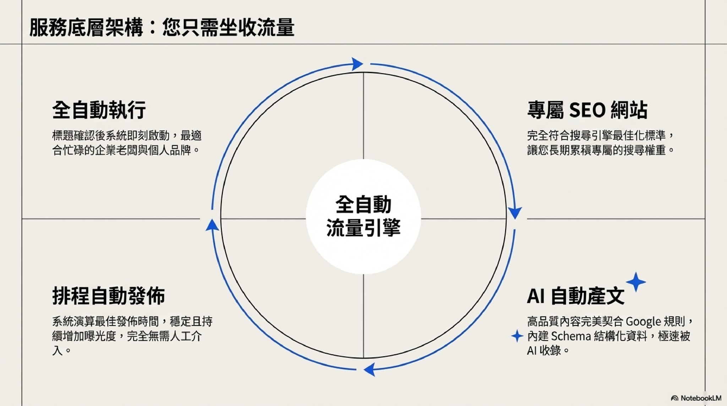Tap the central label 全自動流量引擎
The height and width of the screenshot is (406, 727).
coord(363,216)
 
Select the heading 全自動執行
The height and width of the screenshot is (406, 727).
coord(99,110)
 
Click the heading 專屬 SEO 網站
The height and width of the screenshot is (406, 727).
coord(587,110)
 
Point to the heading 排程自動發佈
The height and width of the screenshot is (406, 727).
coord(109,296)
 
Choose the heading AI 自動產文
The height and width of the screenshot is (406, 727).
coord(575,296)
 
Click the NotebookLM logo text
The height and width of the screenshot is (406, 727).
coord(700,398)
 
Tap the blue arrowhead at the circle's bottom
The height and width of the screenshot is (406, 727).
coord(370,369)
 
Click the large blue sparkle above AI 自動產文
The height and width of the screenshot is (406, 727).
coord(636,282)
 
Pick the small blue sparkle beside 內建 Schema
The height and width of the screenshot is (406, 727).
coord(517,336)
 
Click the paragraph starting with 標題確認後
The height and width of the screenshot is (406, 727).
coord(127,143)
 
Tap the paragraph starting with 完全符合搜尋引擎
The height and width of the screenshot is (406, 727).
coord(600,143)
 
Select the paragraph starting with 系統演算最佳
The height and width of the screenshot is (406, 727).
coord(132,336)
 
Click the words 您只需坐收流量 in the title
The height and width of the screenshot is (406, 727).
coord(228,28)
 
